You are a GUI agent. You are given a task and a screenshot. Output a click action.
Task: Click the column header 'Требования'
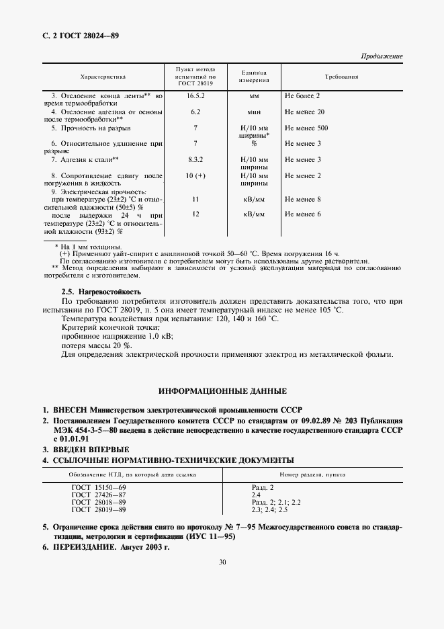pos(341,77)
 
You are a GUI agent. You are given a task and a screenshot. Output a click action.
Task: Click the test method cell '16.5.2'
pos(195,96)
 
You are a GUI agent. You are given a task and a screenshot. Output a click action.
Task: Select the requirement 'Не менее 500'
pos(306,127)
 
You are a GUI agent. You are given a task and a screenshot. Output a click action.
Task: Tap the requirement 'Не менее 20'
pos(304,112)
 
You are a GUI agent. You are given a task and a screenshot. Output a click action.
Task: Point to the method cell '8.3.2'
pos(195,159)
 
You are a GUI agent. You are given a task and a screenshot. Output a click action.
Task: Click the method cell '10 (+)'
pos(195,175)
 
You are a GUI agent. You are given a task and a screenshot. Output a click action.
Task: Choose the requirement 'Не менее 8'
pos(302,199)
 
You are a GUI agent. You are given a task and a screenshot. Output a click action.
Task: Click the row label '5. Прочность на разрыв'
pos(91,127)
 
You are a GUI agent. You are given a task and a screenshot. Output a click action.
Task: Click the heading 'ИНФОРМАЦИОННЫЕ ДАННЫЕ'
pos(222,390)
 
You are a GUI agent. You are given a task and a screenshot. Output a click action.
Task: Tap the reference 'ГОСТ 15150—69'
pos(98,486)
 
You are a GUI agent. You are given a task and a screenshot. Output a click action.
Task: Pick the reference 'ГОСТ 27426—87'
pos(98,494)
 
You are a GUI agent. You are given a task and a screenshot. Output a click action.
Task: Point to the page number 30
pos(222,563)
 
